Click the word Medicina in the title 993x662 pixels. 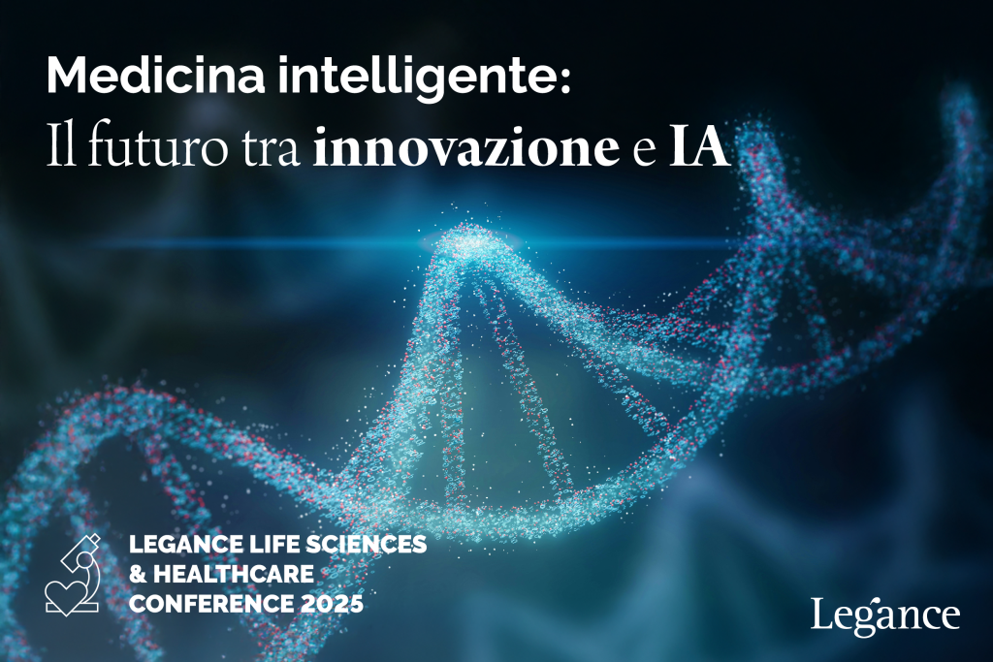[x=156, y=76]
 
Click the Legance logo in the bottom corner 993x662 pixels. [x=884, y=615]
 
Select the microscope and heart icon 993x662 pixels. [x=73, y=576]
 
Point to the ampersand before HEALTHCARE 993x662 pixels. [x=138, y=574]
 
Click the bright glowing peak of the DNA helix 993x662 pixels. [x=472, y=241]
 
